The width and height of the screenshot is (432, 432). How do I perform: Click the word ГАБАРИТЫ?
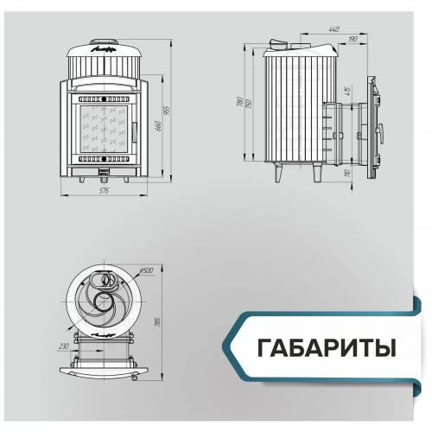[327, 346]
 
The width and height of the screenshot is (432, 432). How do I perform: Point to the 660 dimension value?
[157, 126]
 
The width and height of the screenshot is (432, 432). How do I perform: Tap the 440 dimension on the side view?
[333, 29]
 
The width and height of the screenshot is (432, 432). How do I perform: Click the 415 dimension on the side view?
[346, 90]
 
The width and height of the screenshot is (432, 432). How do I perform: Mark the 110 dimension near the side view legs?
[346, 174]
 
